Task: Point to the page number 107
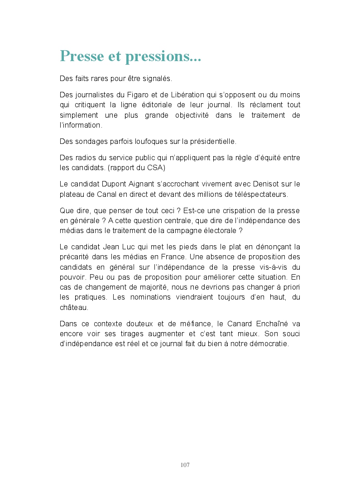[x=185, y=465]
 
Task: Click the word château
[x=73, y=307]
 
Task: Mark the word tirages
[x=127, y=334]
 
